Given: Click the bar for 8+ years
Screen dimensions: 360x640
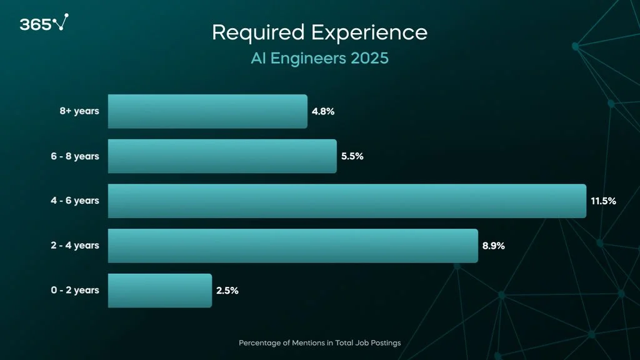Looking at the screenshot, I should [207, 111].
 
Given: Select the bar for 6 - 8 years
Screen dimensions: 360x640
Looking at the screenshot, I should [222, 156].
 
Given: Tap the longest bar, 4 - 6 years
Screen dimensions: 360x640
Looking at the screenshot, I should [347, 201].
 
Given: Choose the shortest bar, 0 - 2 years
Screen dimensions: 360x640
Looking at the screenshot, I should [159, 291].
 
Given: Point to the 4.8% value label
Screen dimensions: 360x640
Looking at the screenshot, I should [323, 112].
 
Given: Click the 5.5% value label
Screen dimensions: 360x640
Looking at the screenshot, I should [352, 156].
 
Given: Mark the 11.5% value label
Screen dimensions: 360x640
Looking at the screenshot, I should [603, 201].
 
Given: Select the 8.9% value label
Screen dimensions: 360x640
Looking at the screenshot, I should [493, 246].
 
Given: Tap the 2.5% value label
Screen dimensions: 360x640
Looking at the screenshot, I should [227, 291].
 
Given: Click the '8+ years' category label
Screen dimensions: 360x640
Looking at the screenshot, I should [79, 112].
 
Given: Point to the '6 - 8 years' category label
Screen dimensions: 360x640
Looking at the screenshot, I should [75, 156].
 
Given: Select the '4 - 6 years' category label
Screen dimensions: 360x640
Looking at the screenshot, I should [75, 201].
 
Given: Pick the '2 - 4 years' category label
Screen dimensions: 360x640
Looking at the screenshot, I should [75, 246].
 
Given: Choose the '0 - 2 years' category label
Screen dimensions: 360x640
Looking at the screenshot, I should [75, 291].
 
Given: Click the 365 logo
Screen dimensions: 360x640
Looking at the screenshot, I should [43, 24].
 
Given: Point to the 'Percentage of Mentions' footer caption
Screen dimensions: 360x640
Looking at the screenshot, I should [319, 343].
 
